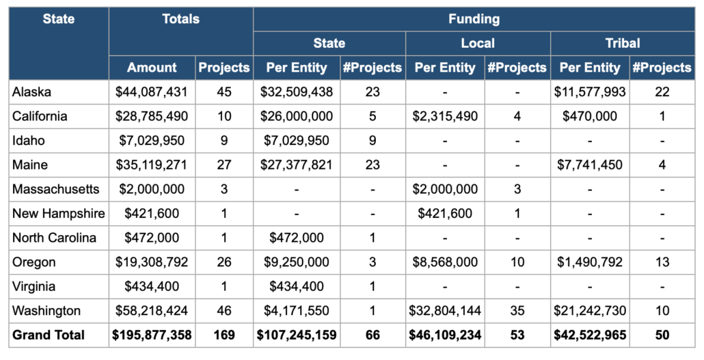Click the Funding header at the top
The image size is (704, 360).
coord(474,19)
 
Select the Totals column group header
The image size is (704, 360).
coord(180,19)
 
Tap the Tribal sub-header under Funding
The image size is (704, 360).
coord(622,43)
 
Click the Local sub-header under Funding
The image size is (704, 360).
coord(477,43)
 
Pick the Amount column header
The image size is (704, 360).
coord(152,68)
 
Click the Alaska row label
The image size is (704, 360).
coord(31,92)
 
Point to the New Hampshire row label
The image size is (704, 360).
coord(58,214)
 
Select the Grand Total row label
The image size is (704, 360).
coord(49,335)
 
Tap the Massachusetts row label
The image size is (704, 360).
coord(55,189)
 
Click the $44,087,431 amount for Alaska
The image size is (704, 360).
coord(152,92)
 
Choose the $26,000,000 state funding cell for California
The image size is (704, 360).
coord(296,116)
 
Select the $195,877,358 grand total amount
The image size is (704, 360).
coord(152,335)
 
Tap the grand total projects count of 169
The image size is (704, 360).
coord(224,335)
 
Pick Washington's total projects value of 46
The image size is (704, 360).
coord(224,311)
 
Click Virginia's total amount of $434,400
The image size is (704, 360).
coord(152,286)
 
